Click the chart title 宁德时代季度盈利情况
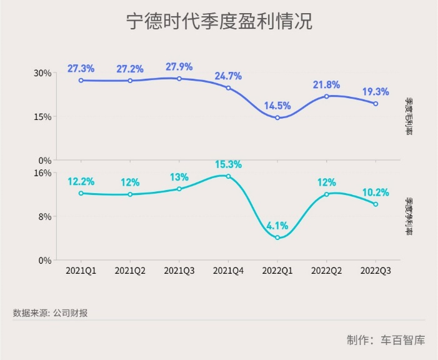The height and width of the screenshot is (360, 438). pyautogui.click(x=219, y=22)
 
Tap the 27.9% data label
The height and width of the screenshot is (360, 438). pyautogui.click(x=179, y=67)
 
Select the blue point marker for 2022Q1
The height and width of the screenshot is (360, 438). pyautogui.click(x=277, y=117)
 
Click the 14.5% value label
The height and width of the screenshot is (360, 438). pyautogui.click(x=277, y=106)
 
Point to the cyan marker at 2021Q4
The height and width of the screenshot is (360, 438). pyautogui.click(x=228, y=176)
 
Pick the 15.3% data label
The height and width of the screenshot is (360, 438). pyautogui.click(x=228, y=164)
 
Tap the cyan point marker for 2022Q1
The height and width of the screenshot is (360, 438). pyautogui.click(x=277, y=237)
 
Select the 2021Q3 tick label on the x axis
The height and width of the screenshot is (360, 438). pyautogui.click(x=179, y=271)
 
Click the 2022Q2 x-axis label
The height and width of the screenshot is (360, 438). pyautogui.click(x=326, y=271)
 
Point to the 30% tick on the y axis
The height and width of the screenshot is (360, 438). pyautogui.click(x=42, y=72)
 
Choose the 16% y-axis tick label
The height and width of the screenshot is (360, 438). pyautogui.click(x=42, y=172)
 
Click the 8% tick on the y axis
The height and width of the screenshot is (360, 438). pyautogui.click(x=45, y=216)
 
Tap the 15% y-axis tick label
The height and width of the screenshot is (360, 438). pyautogui.click(x=42, y=116)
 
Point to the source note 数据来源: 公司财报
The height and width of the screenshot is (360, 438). pyautogui.click(x=50, y=313)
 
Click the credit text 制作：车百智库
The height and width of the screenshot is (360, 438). pyautogui.click(x=386, y=341)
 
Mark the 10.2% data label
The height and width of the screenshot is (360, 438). pyautogui.click(x=376, y=192)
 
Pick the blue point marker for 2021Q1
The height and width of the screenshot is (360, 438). pyautogui.click(x=81, y=80)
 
